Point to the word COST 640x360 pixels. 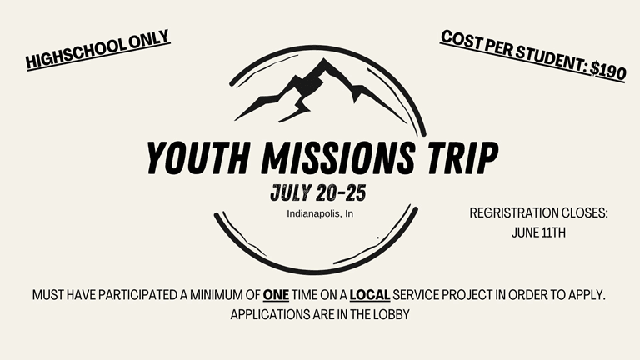coord(460,40)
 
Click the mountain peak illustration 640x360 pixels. coord(321,91)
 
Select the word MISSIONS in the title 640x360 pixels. coord(338,157)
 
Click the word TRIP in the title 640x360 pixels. coord(462,157)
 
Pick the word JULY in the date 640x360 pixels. coord(292,192)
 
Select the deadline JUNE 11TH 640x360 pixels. coord(539,232)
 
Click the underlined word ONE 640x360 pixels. coord(276,295)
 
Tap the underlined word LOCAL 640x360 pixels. coord(370,295)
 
